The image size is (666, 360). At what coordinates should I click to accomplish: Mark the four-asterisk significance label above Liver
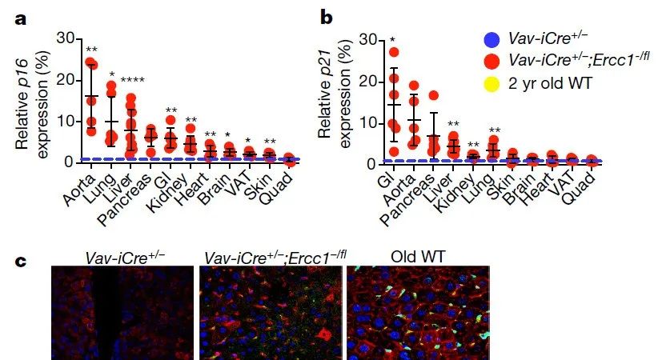132,79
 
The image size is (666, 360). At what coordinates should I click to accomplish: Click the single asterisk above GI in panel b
392,38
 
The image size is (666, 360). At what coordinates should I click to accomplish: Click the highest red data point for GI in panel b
393,53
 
